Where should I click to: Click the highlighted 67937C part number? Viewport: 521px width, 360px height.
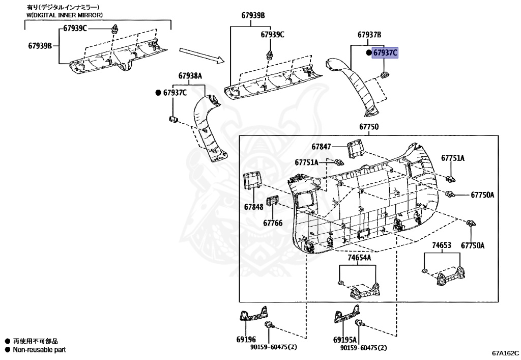point(385,52)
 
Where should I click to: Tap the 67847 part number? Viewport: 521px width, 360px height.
point(322,147)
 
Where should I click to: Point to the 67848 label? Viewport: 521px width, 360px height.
point(253,207)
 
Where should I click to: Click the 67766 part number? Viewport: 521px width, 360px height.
point(273,222)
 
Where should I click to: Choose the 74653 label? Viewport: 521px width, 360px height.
point(442,245)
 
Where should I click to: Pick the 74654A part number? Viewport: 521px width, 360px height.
point(359,258)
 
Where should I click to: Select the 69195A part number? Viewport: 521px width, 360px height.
point(344,339)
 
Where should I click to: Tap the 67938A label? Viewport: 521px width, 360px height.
point(190,76)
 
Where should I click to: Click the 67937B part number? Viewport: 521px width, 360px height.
point(369,35)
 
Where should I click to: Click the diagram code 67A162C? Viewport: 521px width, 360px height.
point(505,352)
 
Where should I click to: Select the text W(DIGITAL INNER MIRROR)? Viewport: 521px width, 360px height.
point(65,15)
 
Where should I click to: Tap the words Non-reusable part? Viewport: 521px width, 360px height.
point(39,350)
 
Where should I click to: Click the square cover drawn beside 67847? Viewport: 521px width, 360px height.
point(355,147)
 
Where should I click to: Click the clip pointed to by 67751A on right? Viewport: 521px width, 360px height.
point(450,179)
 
